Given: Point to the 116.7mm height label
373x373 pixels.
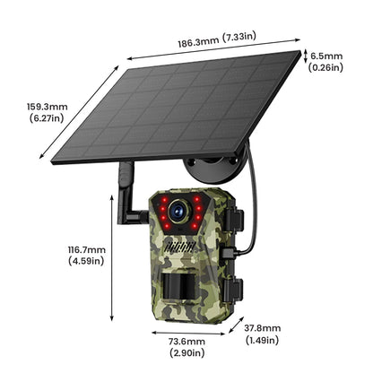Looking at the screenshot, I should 87,249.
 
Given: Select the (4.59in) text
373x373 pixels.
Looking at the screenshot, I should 87,261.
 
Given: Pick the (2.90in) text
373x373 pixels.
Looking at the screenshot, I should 186,354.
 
